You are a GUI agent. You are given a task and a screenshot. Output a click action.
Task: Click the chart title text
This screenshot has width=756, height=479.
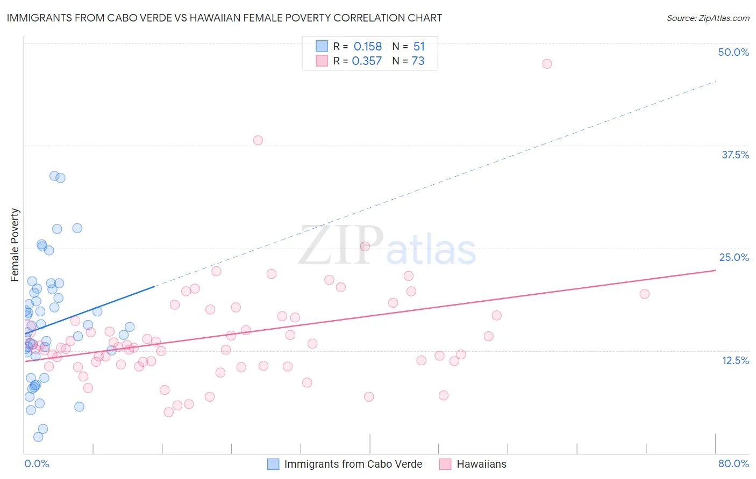pyautogui.click(x=224, y=18)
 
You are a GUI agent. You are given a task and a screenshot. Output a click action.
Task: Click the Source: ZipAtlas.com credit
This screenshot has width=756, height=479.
pyautogui.click(x=708, y=18)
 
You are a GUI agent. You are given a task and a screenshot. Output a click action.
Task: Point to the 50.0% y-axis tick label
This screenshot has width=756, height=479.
pyautogui.click(x=733, y=52)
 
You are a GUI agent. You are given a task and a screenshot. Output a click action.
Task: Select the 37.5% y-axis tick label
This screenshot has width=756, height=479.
pyautogui.click(x=735, y=155)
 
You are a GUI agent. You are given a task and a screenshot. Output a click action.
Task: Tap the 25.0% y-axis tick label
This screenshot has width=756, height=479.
pyautogui.click(x=734, y=257)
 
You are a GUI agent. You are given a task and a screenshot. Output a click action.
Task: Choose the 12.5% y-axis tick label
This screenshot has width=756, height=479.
pyautogui.click(x=735, y=360)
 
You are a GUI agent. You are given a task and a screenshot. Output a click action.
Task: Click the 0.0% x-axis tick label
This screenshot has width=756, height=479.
pyautogui.click(x=37, y=463)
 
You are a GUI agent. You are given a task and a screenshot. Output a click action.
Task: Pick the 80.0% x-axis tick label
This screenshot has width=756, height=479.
pyautogui.click(x=733, y=463)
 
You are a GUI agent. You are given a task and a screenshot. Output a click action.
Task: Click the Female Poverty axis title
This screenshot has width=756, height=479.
pyautogui.click(x=15, y=245)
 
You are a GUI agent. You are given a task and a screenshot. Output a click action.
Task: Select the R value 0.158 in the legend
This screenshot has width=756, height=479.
pyautogui.click(x=368, y=47)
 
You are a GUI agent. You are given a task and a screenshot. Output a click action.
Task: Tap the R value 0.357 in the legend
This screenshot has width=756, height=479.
pyautogui.click(x=367, y=61)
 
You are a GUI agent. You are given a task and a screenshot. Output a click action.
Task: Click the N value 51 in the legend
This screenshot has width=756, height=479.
pyautogui.click(x=419, y=47)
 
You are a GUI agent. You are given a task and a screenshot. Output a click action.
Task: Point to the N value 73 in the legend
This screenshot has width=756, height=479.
pyautogui.click(x=418, y=61)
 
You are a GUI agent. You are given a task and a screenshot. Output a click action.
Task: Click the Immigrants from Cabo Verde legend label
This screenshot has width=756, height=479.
pyautogui.click(x=353, y=464)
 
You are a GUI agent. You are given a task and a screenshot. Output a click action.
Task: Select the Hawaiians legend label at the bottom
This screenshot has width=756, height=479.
pyautogui.click(x=481, y=464)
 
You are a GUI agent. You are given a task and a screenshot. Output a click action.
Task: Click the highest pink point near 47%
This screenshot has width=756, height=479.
pyautogui.click(x=547, y=64)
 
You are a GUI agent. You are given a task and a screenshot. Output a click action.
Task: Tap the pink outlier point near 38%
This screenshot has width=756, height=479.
pyautogui.click(x=258, y=140)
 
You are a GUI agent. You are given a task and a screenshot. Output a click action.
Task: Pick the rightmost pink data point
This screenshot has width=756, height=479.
pyautogui.click(x=644, y=294)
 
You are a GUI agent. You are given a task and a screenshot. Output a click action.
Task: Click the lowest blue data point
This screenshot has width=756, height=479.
pyautogui.click(x=38, y=437)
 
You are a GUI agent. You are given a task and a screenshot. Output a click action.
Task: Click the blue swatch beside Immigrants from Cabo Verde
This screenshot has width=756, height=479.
pyautogui.click(x=273, y=464)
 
